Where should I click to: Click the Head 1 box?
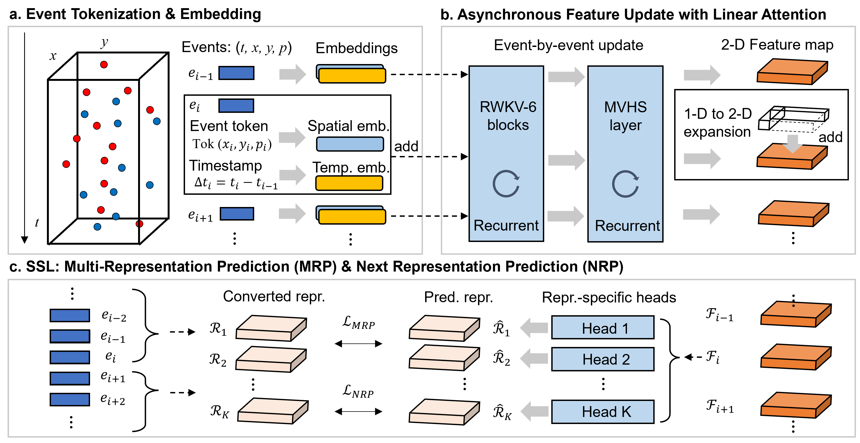[x=602, y=327]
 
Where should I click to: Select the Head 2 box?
[x=602, y=359]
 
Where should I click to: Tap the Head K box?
[x=602, y=411]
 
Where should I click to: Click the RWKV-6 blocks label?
[x=507, y=116]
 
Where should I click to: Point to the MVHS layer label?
[x=625, y=116]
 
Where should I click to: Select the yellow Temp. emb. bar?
[x=349, y=183]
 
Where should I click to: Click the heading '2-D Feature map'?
[x=777, y=45]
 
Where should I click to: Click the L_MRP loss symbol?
[x=358, y=323]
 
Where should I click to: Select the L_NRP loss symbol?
[x=358, y=391]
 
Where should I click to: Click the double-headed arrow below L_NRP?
[x=358, y=411]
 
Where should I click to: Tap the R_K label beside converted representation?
[x=219, y=411]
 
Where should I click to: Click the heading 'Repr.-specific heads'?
[x=609, y=297]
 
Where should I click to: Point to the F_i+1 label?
[x=719, y=406]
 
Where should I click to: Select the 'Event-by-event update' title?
[x=568, y=45]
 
